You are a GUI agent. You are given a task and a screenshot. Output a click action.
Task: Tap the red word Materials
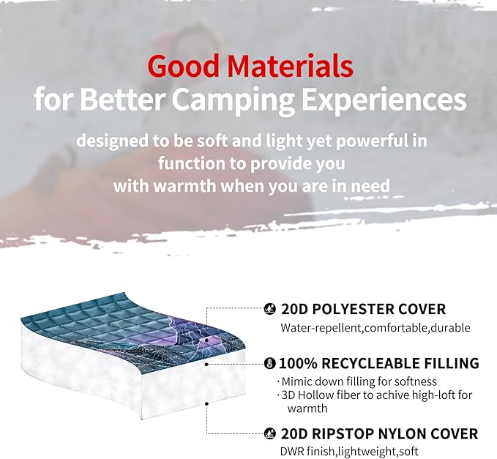291,67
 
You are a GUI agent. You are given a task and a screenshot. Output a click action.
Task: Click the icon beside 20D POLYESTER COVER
269,310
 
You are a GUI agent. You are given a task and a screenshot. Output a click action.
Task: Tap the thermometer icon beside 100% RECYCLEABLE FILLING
269,364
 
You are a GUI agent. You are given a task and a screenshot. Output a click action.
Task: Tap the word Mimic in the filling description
299,381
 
